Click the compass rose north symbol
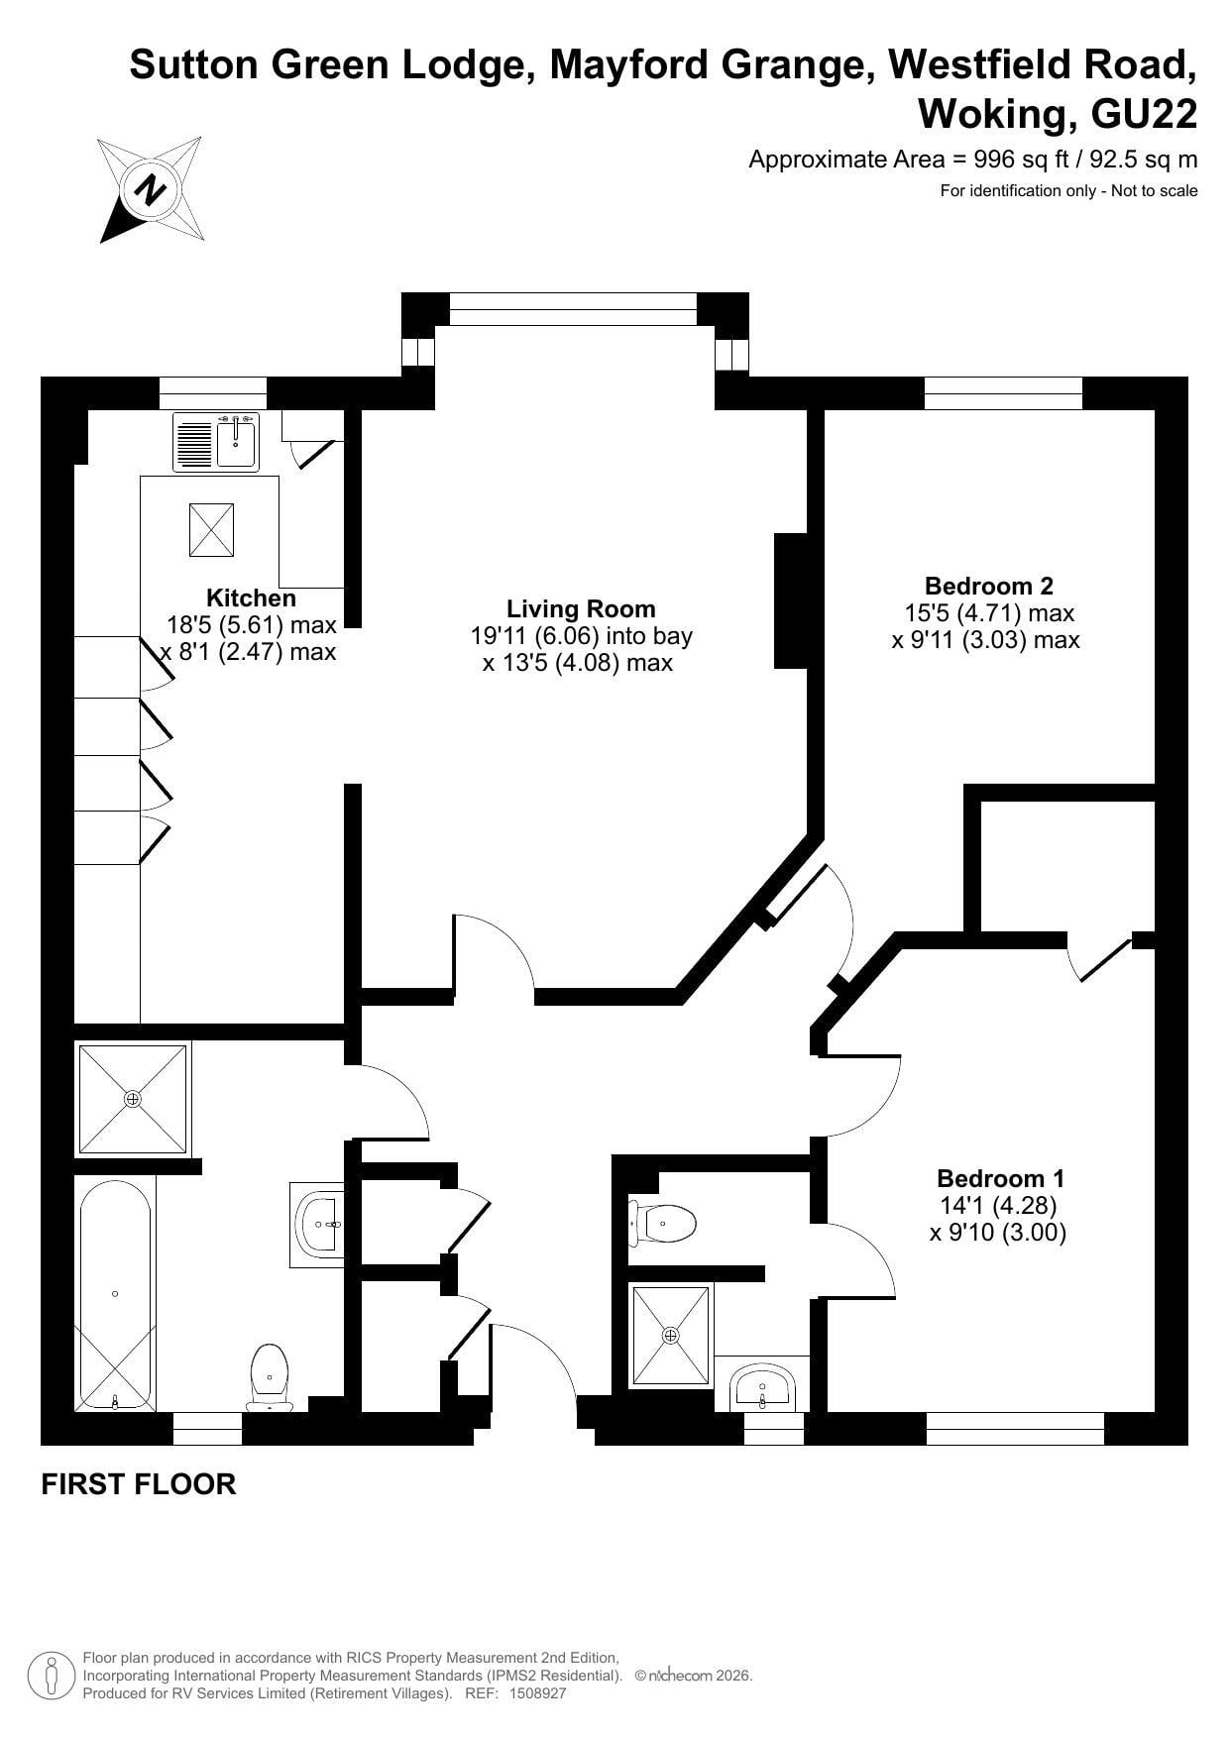pos(152,189)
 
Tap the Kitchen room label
pos(251,598)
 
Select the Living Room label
pos(581,608)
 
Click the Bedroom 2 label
pos(987,586)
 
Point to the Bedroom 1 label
pos(1000,1178)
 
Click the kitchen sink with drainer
pos(216,442)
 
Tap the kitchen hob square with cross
pos(211,530)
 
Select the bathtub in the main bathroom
pos(115,1294)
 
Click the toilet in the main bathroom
pos(270,1376)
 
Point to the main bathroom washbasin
pos(318,1225)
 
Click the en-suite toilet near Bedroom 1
pos(662,1223)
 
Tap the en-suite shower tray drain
pos(671,1336)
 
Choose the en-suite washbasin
pos(761,1386)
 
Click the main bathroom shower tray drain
pos(133,1099)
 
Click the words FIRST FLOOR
pos(139,1484)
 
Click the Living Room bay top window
pos(573,309)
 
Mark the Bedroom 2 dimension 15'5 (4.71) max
pos(989,613)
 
